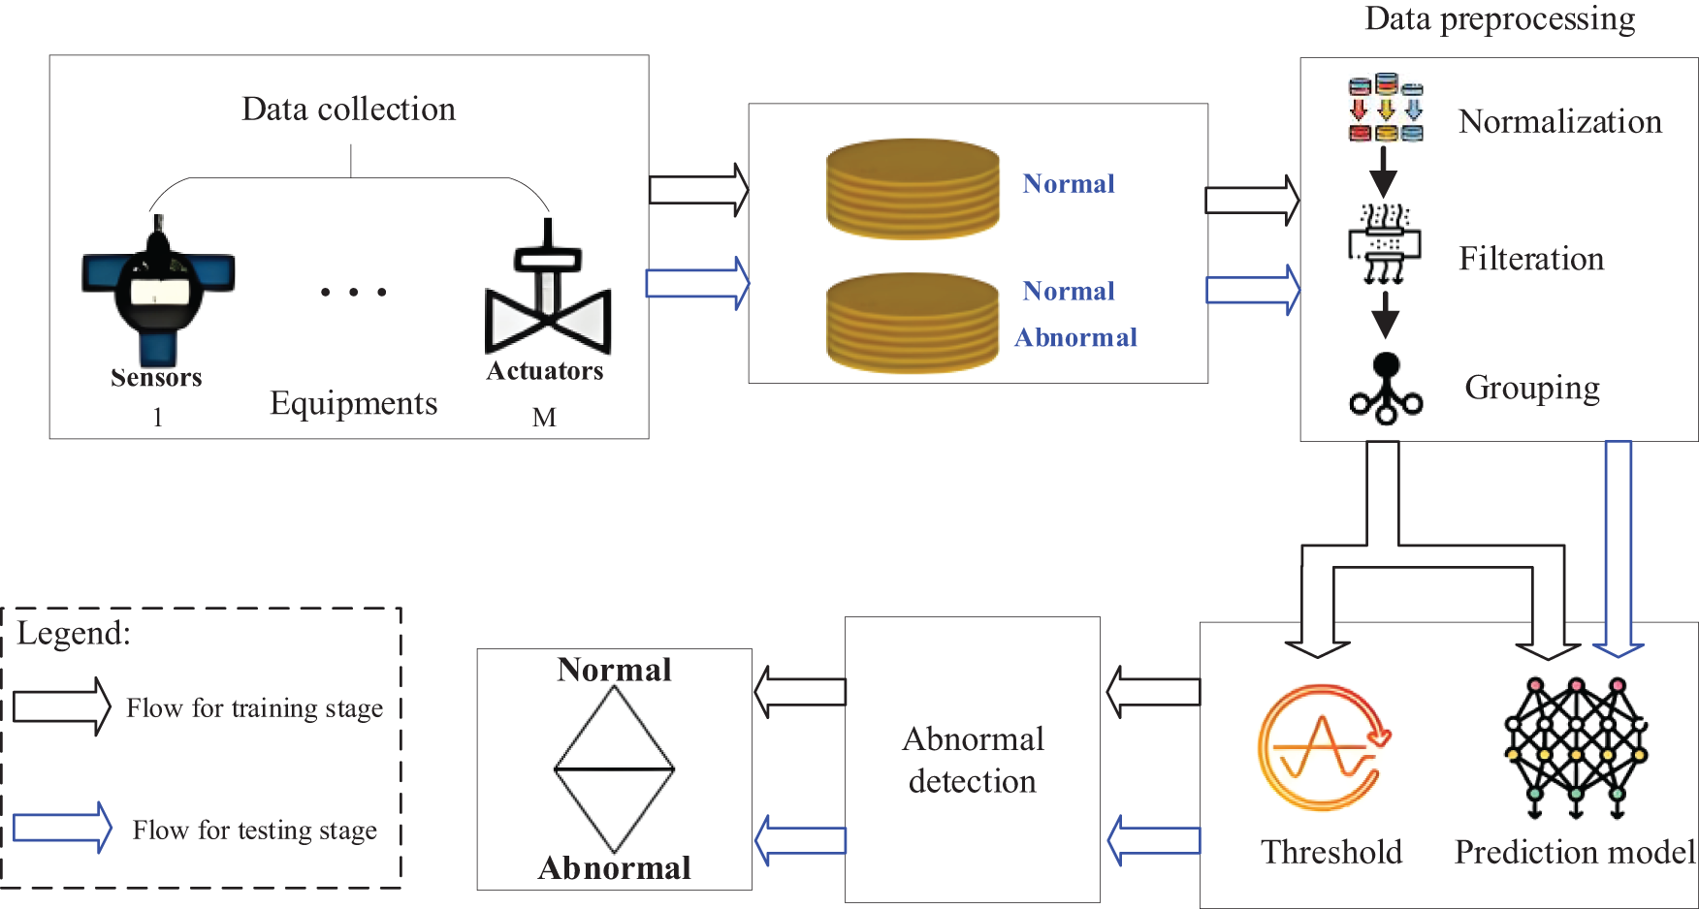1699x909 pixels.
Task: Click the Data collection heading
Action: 348,109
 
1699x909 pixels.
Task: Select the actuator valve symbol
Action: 548,287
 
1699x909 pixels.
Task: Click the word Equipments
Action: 354,403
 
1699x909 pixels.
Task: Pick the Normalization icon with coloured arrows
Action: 1386,108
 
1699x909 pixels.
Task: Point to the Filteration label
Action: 1531,259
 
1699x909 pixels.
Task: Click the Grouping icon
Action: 1386,388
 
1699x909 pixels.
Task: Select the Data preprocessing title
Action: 1499,19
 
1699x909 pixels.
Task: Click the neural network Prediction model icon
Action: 1576,747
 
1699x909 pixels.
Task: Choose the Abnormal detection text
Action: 973,760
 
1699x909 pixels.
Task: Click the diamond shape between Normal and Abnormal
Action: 614,769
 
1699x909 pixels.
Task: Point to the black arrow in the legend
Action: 62,706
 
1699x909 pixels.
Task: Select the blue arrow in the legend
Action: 62,828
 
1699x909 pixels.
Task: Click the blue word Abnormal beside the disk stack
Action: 1075,337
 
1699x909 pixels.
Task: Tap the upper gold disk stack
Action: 913,189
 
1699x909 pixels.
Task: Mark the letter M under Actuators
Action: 544,418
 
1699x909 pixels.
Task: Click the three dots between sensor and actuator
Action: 354,292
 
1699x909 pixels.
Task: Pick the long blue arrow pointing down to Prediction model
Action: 1619,549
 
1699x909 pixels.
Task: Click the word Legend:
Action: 74,634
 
